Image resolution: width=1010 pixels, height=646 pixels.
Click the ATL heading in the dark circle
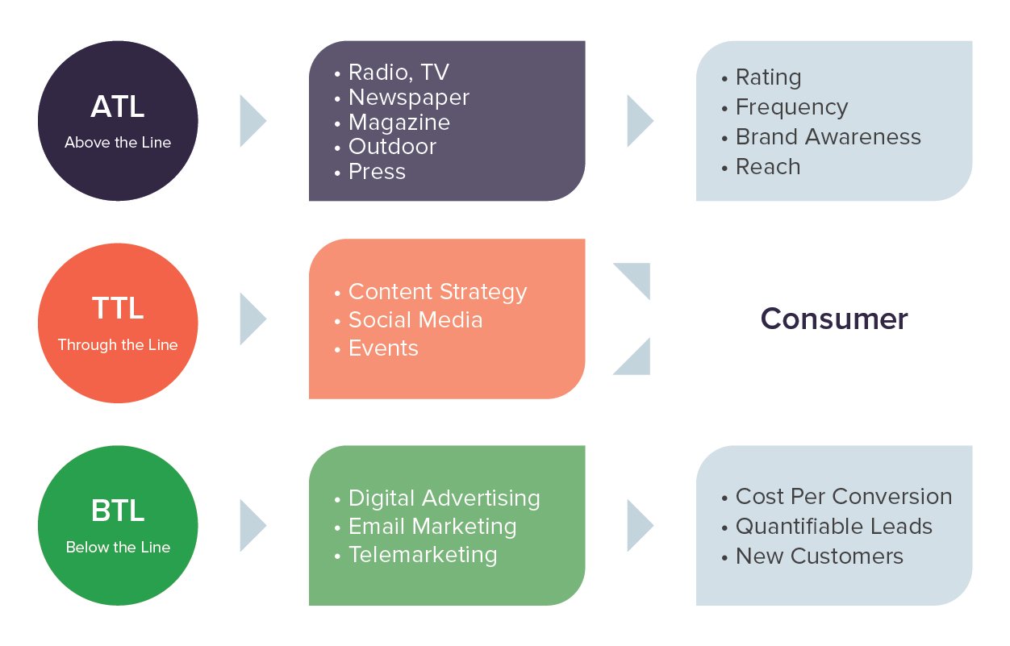tap(118, 106)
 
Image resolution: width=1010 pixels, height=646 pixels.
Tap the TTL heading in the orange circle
tap(118, 308)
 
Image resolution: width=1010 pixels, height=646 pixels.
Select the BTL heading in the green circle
tap(118, 511)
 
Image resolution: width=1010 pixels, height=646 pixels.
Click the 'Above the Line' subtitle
tap(118, 143)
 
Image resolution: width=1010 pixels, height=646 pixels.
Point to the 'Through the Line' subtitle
tap(118, 345)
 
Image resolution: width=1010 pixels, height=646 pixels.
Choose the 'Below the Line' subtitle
tap(118, 548)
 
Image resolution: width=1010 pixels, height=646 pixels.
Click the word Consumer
tap(834, 319)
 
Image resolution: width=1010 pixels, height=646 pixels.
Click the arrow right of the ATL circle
tap(253, 121)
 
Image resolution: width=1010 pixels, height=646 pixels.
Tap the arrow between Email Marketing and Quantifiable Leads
tap(641, 525)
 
